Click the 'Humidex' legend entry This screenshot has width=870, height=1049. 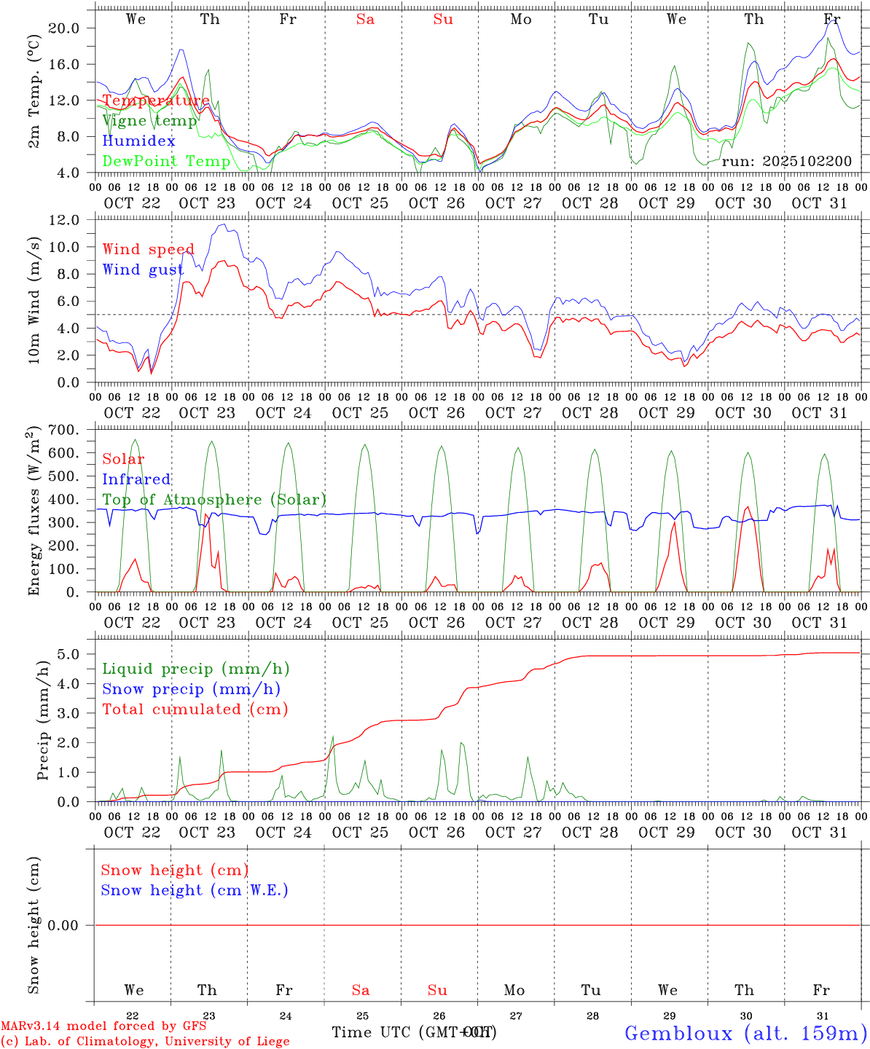coord(138,141)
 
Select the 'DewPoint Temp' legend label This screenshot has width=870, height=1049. coord(166,161)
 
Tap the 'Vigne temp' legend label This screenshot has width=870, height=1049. coord(149,121)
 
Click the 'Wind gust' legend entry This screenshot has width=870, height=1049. coord(143,270)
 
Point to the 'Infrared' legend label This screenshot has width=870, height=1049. coord(136,479)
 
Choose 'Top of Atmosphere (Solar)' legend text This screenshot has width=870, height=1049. coord(213,500)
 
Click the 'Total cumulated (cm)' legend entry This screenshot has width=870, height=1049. coord(195,709)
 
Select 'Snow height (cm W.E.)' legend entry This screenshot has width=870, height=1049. coord(195,890)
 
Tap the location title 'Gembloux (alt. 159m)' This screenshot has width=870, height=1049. coord(745,1033)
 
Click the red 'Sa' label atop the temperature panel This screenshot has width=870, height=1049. coord(365,20)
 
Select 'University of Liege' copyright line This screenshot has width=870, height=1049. coord(145,1042)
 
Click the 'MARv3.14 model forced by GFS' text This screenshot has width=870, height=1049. coord(103,1026)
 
